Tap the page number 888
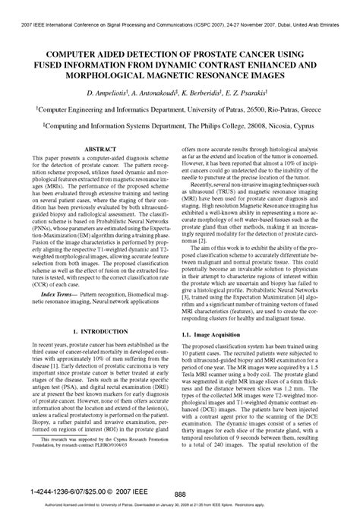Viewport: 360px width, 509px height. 180,492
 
